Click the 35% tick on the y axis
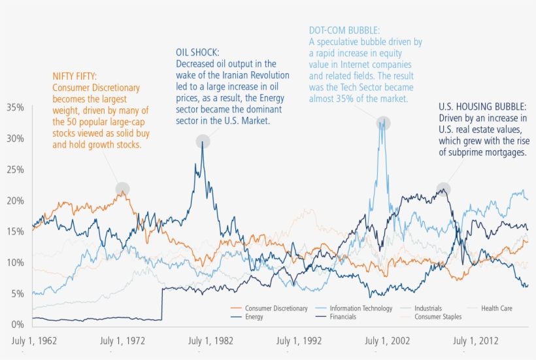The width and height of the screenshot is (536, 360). [14, 107]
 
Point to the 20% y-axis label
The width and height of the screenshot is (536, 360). [14, 201]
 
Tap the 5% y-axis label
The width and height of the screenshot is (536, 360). [16, 293]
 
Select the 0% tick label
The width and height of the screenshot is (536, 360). [16, 325]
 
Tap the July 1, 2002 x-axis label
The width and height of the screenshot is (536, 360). [387, 340]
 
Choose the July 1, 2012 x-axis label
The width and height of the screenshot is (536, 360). [475, 340]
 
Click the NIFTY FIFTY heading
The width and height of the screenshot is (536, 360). [74, 76]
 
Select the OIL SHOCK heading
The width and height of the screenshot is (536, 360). [197, 52]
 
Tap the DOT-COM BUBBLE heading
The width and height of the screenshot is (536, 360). [344, 31]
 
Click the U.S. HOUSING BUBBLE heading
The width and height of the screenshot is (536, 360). [482, 106]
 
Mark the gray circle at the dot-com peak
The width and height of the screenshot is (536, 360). [383, 123]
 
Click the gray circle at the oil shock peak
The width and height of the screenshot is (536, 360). [203, 141]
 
